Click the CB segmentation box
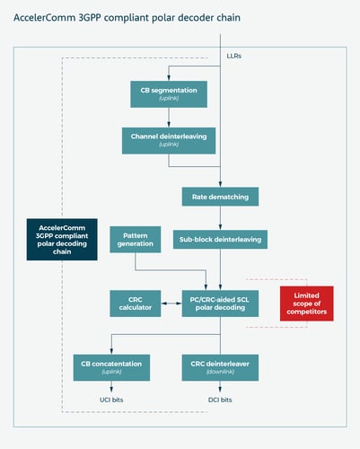(x=169, y=92)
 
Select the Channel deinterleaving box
(x=169, y=138)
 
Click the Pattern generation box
(x=136, y=239)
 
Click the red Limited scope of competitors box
(x=306, y=304)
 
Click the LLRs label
(x=234, y=57)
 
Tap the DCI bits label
(x=220, y=399)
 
